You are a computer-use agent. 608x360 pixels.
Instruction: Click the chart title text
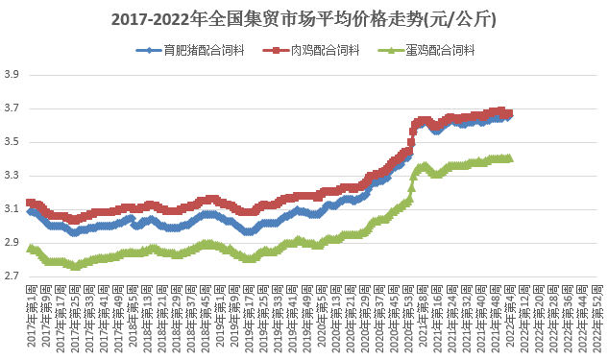point(304,18)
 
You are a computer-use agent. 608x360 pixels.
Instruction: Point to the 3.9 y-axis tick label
point(12,75)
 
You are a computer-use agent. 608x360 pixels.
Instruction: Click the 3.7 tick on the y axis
point(12,108)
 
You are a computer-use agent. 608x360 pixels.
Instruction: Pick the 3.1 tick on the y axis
point(12,209)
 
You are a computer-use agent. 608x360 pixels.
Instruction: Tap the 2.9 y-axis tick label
point(12,243)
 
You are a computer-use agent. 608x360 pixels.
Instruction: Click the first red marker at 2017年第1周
point(31,203)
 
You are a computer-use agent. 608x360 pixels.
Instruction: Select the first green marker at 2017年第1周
point(31,248)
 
